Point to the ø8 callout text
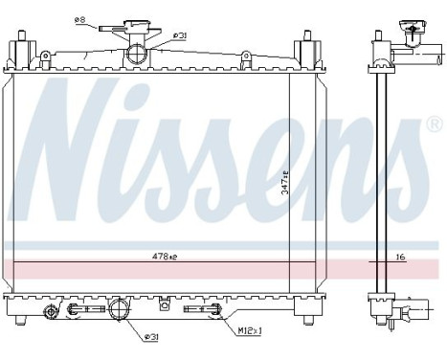[79, 17]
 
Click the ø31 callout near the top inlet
[179, 37]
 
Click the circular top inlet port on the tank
[140, 52]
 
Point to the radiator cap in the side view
[413, 34]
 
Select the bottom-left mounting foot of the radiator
[21, 312]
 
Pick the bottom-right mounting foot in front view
[305, 312]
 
